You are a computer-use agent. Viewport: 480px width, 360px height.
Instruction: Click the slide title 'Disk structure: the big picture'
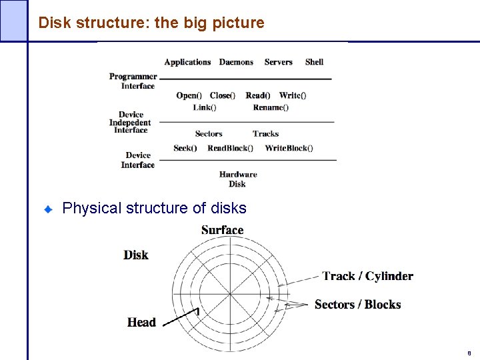[151, 23]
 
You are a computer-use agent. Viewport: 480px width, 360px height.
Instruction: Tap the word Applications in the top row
[187, 62]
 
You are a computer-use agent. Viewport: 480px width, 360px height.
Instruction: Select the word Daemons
[236, 62]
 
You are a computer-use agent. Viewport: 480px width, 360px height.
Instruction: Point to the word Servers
[278, 62]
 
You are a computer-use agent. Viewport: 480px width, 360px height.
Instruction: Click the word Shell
[314, 62]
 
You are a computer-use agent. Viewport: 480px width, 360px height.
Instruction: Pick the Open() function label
[189, 95]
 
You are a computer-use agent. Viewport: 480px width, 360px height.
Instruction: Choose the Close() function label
[222, 95]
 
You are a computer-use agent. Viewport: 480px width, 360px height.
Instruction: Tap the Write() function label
[293, 95]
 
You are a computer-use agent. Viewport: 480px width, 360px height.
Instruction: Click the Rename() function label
[271, 107]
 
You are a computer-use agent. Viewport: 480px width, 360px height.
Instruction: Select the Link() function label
[205, 107]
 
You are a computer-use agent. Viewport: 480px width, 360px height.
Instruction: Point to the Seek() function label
[185, 148]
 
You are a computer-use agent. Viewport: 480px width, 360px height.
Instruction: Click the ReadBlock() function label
[230, 148]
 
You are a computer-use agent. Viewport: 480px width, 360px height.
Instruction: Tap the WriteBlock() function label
[289, 148]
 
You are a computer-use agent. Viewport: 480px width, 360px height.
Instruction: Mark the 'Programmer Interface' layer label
[133, 81]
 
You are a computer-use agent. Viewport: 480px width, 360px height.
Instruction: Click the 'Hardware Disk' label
[237, 179]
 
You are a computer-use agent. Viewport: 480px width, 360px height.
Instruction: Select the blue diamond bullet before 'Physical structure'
[48, 209]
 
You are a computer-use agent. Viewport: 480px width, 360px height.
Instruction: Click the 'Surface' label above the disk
[222, 230]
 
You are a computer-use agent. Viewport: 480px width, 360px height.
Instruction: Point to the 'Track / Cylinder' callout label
[367, 276]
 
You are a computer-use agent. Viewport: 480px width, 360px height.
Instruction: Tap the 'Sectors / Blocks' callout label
[357, 305]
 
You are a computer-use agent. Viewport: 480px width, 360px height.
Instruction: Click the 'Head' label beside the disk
[141, 323]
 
